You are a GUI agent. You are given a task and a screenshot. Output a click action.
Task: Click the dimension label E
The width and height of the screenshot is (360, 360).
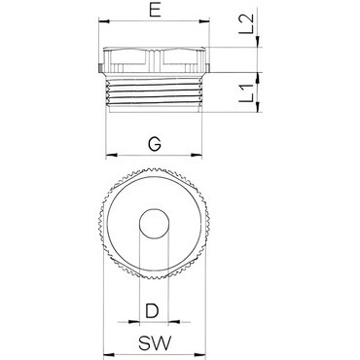tap(155, 11)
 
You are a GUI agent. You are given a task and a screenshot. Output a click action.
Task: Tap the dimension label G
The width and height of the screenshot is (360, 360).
tap(155, 143)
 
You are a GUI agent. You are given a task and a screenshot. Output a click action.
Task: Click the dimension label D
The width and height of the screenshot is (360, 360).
tap(152, 310)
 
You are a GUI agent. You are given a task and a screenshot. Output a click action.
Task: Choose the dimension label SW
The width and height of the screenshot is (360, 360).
tap(155, 343)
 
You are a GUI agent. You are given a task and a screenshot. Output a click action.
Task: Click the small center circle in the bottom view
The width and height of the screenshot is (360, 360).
tap(154, 224)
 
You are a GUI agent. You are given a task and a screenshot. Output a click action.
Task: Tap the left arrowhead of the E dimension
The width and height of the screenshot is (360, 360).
tap(103, 21)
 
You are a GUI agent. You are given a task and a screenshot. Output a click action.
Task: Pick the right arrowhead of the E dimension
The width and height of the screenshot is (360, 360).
tap(204, 21)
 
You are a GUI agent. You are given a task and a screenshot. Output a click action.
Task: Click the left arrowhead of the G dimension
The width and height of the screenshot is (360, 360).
tap(111, 155)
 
